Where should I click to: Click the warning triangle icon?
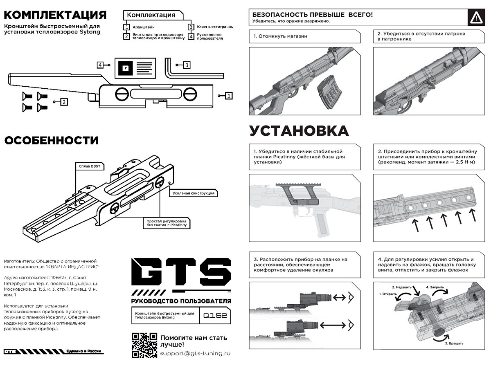coord(475,18)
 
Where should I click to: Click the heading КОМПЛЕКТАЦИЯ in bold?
coord(55,16)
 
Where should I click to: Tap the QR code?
coord(144,346)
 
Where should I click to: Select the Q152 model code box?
coord(215,316)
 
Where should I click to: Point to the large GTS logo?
coord(180,272)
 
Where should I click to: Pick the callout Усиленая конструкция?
coord(193,193)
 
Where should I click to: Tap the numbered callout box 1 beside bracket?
coord(229,96)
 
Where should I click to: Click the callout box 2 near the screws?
coord(63,101)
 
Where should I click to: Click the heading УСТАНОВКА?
coord(299,131)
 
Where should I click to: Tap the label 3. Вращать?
coord(454,343)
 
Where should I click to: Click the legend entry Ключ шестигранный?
coord(214,27)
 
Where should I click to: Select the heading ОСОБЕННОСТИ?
coord(51,141)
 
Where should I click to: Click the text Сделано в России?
coord(84,352)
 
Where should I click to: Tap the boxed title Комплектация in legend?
coord(151,15)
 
